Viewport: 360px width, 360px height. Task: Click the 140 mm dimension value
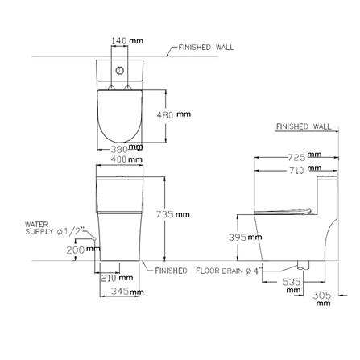(127, 41)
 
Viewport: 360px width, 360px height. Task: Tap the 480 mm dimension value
(174, 114)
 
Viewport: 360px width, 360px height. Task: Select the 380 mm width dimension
(126, 148)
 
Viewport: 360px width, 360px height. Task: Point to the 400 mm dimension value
(126, 159)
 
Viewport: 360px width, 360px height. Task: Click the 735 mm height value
(173, 214)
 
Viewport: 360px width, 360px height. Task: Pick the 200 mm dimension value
(83, 250)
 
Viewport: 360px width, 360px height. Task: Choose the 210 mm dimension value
(117, 278)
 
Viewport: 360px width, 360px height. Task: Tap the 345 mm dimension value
(127, 292)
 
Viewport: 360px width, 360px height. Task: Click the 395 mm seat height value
(245, 237)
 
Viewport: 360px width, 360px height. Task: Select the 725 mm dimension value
(304, 156)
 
